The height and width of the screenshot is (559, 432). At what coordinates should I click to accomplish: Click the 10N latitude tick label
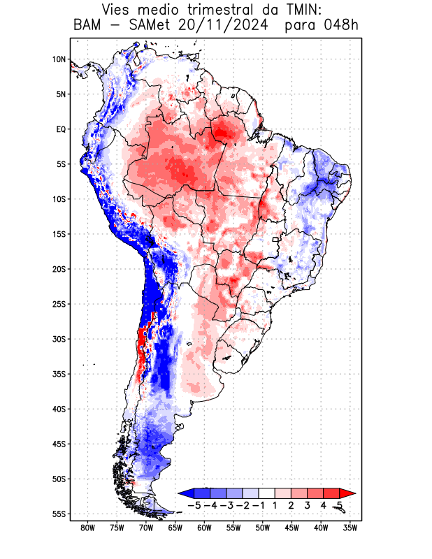(59, 59)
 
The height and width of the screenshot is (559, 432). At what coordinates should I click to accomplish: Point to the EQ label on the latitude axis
(61, 129)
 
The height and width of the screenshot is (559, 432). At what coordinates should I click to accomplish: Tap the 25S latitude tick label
(59, 304)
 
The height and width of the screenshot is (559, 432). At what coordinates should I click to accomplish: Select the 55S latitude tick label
(59, 514)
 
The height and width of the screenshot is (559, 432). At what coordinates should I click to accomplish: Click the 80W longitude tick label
(87, 528)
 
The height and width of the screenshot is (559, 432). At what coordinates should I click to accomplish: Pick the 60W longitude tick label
(204, 528)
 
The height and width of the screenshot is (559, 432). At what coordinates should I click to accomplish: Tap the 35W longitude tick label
(351, 528)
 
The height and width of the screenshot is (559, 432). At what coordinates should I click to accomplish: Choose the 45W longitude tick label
(292, 528)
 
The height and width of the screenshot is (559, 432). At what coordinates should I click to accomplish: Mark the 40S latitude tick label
(59, 409)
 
